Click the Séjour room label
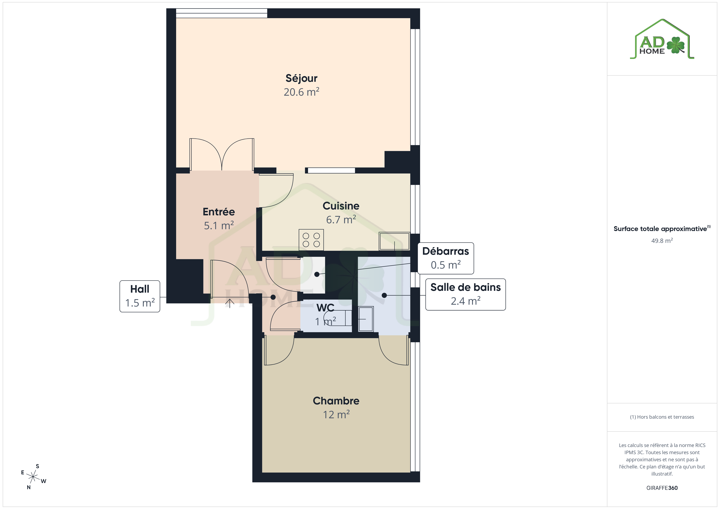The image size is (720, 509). [x=301, y=78]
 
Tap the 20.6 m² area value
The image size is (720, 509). [x=301, y=92]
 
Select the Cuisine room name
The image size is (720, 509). [x=341, y=206]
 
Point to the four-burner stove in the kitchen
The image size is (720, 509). [x=311, y=240]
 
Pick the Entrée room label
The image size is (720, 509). [x=219, y=212]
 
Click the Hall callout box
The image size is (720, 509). [x=140, y=296]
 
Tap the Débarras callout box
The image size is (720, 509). [x=446, y=258]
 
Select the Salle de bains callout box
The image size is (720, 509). [x=465, y=295]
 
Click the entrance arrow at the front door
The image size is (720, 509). [x=230, y=303]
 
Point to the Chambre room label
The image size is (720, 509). [x=336, y=401]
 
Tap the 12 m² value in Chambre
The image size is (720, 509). [x=336, y=415]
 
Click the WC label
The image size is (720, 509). [x=325, y=308]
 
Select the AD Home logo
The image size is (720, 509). [x=662, y=39]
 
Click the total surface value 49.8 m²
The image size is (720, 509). [x=662, y=241]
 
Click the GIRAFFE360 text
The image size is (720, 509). [x=662, y=488]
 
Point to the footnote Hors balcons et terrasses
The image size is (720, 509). [x=662, y=417]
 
